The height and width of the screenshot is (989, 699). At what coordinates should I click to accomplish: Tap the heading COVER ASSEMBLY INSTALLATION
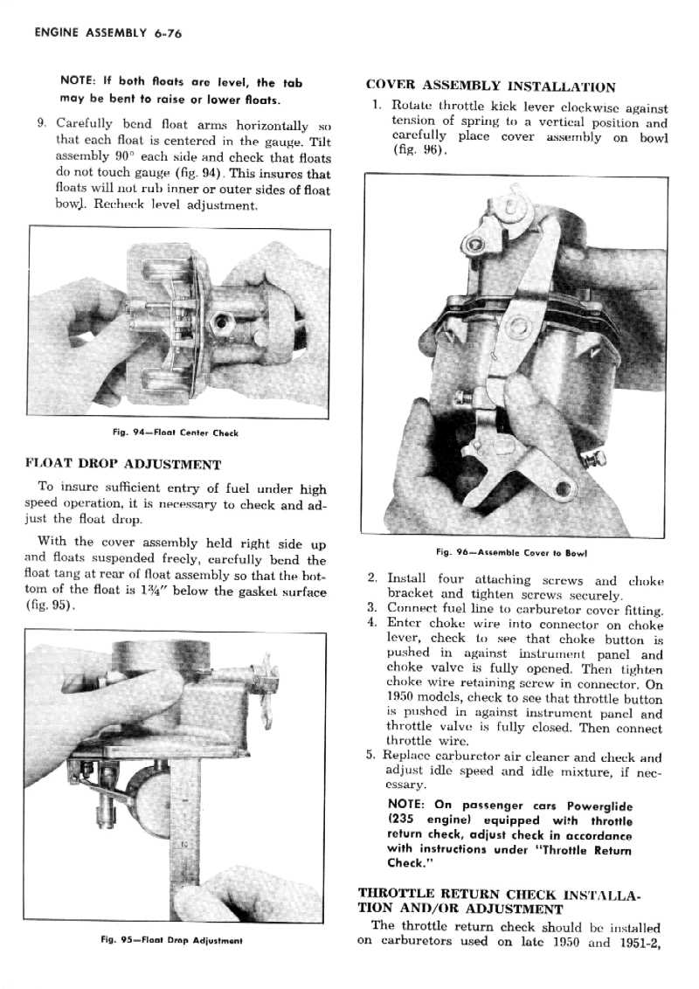tap(490, 86)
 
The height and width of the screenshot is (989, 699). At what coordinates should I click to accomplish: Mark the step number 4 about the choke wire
tap(372, 624)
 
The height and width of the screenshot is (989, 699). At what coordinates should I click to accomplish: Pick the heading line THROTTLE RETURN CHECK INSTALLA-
tap(501, 894)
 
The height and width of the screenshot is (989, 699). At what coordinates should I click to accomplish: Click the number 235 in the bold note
tap(403, 820)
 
